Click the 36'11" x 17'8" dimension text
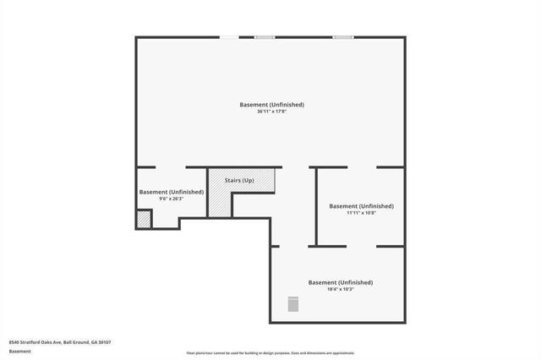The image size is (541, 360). coord(271,112)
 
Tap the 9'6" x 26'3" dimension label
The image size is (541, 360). coord(172,199)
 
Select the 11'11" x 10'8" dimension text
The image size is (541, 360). coord(361,213)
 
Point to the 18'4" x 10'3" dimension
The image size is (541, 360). coord(340,289)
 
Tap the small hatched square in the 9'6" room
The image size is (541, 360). coord(144,219)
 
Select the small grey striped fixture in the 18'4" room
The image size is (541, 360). coord(293,303)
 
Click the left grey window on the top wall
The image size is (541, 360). coord(265,37)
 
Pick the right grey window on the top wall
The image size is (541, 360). coord(342,37)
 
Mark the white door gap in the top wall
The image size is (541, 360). coord(229,37)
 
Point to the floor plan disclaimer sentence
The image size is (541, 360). coord(270,353)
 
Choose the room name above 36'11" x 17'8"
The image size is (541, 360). coord(271,105)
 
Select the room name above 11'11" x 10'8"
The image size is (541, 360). coord(361,206)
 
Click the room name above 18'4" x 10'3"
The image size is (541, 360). coord(340,282)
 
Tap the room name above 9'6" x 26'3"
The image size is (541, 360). coord(172,193)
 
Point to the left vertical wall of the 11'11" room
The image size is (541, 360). coord(316,207)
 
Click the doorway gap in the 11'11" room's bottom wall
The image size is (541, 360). coord(362,246)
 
